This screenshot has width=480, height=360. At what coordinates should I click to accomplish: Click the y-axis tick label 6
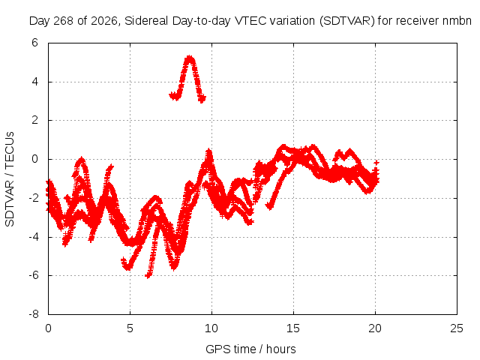(x=34, y=43)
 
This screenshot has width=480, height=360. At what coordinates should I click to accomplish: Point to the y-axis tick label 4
(x=34, y=82)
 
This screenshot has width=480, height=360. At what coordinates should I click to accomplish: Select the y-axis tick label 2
(x=34, y=120)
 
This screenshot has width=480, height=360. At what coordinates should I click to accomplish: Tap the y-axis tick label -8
(x=33, y=314)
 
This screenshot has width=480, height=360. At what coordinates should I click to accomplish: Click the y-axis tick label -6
(x=33, y=275)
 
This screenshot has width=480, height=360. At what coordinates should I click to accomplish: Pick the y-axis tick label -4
(x=33, y=237)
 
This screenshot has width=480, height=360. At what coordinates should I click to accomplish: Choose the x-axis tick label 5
(x=130, y=328)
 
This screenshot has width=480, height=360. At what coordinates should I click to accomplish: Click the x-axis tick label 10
(x=211, y=328)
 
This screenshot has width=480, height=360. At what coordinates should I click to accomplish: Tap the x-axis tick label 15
(x=293, y=328)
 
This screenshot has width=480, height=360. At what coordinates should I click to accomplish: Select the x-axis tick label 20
(x=375, y=328)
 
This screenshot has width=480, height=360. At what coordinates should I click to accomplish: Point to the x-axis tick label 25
(x=457, y=328)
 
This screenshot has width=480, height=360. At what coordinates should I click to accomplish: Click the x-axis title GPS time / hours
(x=250, y=349)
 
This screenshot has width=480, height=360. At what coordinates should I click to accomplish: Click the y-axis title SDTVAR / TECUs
(x=10, y=179)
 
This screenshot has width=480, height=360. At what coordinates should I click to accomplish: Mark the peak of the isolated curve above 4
(x=190, y=58)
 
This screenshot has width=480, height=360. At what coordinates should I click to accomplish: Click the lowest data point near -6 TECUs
(x=148, y=276)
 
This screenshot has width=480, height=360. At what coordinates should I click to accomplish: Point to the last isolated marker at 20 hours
(x=376, y=163)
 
